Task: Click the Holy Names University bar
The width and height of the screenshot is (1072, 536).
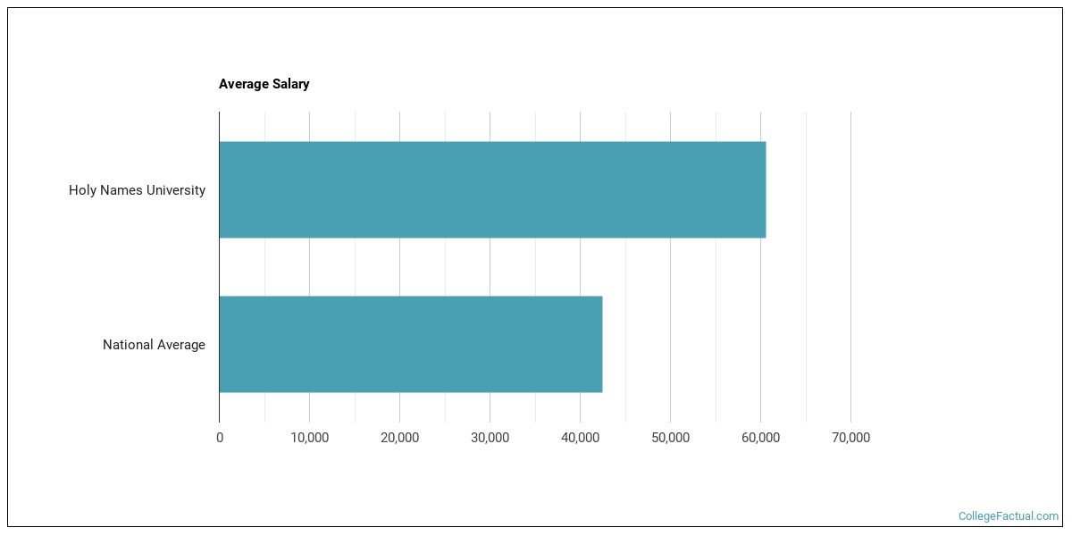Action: (491, 189)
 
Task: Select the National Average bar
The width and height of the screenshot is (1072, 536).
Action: (410, 344)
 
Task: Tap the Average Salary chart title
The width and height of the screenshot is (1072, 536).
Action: (264, 84)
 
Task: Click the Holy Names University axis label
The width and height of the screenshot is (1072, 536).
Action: (137, 190)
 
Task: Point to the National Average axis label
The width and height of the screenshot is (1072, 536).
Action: (154, 345)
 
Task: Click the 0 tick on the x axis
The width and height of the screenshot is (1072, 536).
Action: (220, 438)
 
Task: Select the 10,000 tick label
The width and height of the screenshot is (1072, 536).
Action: (309, 438)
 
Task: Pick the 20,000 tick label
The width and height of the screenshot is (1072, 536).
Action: (399, 438)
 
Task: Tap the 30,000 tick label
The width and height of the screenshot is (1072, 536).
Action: (490, 438)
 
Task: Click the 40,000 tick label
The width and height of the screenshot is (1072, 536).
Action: (580, 438)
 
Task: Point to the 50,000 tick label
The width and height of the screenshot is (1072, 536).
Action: (670, 438)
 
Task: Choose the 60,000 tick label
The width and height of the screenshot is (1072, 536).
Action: (760, 438)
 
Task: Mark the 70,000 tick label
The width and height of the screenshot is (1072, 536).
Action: (850, 438)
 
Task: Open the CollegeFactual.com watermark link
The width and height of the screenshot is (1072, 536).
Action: (1008, 516)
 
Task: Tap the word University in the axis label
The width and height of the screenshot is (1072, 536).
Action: (176, 190)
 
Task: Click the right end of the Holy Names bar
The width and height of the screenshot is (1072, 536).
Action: (764, 189)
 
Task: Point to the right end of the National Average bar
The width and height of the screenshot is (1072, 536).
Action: (600, 344)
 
